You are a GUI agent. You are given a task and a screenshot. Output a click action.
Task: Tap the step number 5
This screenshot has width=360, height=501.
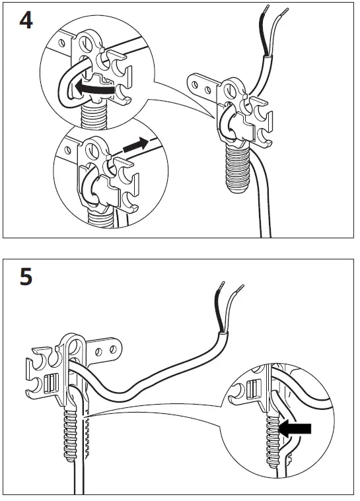click(x=25, y=276)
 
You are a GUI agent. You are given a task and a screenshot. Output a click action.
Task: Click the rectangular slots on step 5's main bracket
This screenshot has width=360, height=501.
click(x=47, y=382)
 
